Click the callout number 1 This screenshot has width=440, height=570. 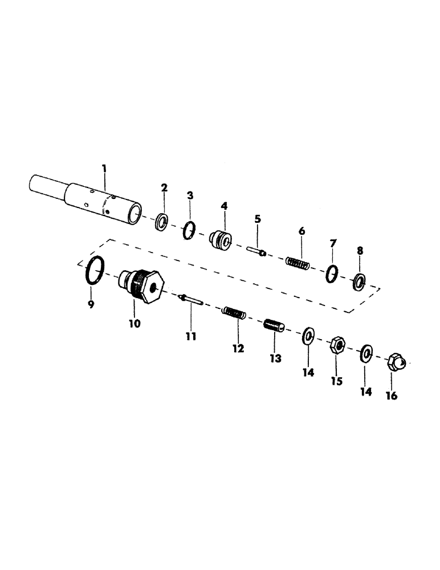[104, 169]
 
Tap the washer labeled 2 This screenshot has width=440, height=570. [161, 221]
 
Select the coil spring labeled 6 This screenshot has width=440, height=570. [298, 263]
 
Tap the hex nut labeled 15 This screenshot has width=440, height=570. [337, 345]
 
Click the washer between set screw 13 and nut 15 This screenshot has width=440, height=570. [307, 336]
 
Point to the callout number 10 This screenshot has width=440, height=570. [135, 323]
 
